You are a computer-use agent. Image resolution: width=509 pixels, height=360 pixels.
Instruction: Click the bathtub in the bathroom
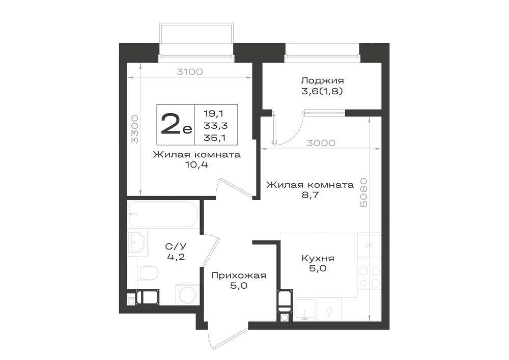click(x=163, y=214)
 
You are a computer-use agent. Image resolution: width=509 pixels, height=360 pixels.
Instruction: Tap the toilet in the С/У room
click(x=148, y=272)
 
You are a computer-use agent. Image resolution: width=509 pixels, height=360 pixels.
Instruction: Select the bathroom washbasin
click(x=137, y=241)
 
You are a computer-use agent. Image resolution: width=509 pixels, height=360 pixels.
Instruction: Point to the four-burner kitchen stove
click(x=370, y=276)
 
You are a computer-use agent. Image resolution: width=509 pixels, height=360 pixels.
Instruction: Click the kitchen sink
click(x=305, y=310)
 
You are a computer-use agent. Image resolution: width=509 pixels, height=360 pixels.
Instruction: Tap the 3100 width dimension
click(x=189, y=72)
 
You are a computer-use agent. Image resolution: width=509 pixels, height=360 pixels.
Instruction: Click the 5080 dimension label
click(x=364, y=192)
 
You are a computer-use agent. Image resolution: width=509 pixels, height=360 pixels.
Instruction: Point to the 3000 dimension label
click(x=321, y=143)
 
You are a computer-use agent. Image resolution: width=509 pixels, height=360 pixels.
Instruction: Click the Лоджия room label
click(x=322, y=80)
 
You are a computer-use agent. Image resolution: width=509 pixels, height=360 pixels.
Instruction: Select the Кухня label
click(x=318, y=258)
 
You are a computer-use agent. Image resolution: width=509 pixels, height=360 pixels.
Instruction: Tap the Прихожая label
click(x=239, y=275)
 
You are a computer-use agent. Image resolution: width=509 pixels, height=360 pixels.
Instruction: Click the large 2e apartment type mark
click(x=176, y=125)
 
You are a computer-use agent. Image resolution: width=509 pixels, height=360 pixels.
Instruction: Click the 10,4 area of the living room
click(x=196, y=165)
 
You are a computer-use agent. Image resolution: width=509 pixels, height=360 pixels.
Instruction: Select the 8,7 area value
click(x=309, y=195)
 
